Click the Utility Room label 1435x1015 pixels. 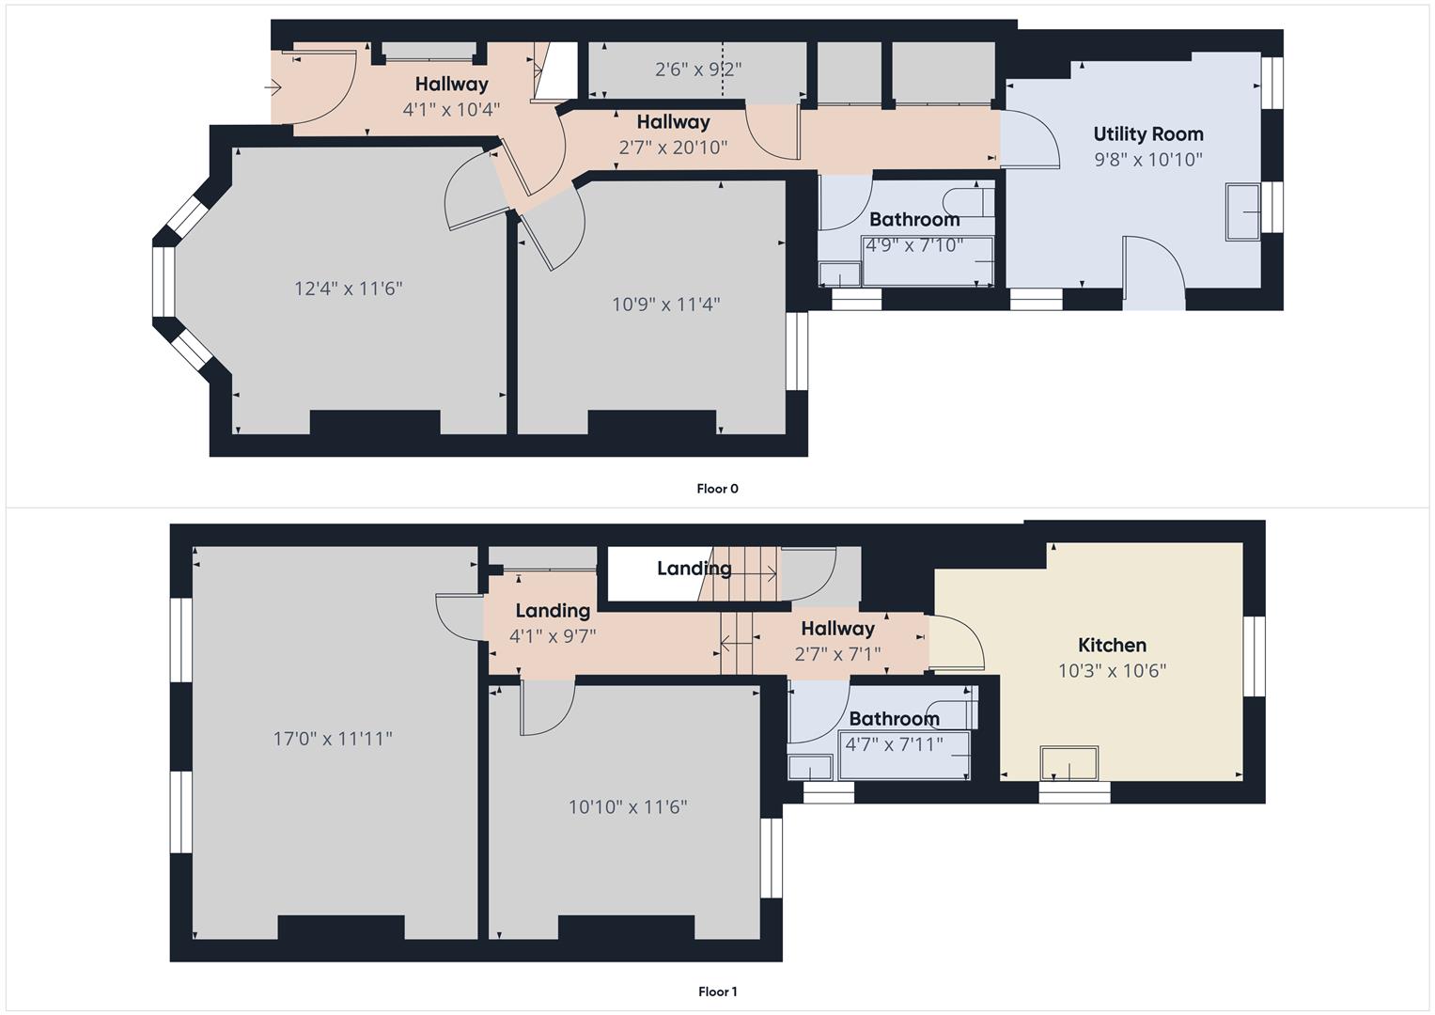[x=1147, y=133]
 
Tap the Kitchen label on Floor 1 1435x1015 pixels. [x=1112, y=645]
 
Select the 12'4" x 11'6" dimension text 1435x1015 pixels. [x=349, y=288]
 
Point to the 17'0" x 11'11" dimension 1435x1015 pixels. [x=333, y=739]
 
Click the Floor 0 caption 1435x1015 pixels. [x=717, y=489]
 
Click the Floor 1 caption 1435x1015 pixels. [x=717, y=992]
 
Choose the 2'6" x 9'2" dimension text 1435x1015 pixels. [x=698, y=69]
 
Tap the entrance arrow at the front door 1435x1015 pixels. [x=273, y=88]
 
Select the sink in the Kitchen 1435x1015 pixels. [x=1068, y=763]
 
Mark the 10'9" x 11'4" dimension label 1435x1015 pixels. [x=666, y=304]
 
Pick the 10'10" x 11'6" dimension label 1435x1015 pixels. [x=628, y=806]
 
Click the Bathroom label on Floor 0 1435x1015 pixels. [x=914, y=219]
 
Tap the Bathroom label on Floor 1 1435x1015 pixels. [x=894, y=718]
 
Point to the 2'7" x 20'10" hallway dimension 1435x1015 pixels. [x=673, y=147]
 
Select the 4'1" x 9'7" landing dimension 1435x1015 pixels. [x=553, y=635]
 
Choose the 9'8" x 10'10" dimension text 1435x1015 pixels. [x=1147, y=159]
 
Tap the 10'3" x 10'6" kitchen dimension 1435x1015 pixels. [x=1112, y=670]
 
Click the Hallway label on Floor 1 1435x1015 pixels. [x=837, y=628]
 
